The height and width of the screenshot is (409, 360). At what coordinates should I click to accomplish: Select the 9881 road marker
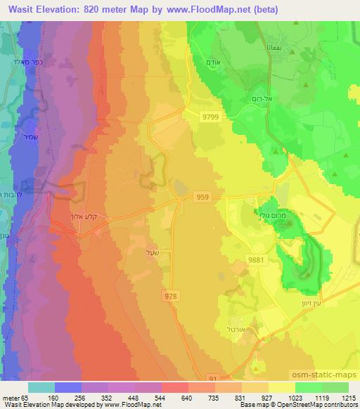256,259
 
